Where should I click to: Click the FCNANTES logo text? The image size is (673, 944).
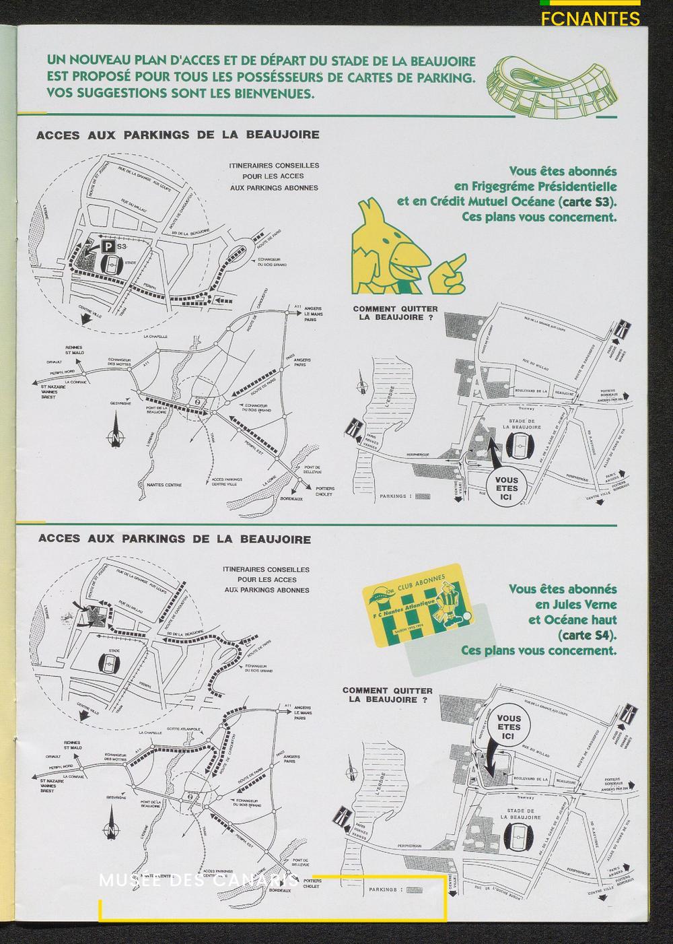pyautogui.click(x=590, y=18)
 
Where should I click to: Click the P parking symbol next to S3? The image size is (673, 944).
pyautogui.click(x=108, y=248)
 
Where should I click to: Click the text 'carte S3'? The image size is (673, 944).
pyautogui.click(x=593, y=201)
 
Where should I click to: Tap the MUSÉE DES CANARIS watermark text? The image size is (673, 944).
pyautogui.click(x=199, y=881)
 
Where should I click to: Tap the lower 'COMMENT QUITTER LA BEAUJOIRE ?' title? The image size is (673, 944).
pyautogui.click(x=387, y=695)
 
